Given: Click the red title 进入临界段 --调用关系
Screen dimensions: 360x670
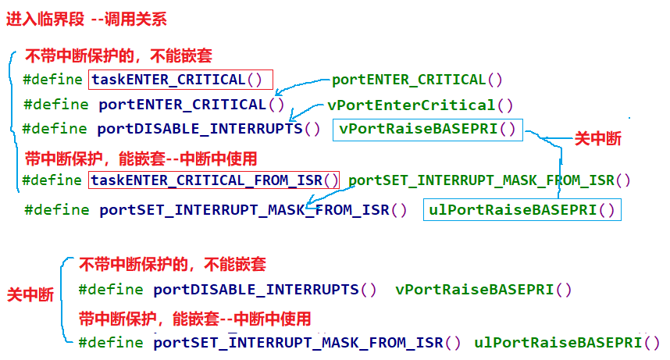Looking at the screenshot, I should coord(87,20).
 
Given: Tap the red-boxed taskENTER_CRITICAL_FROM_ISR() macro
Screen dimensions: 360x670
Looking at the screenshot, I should coord(215,180).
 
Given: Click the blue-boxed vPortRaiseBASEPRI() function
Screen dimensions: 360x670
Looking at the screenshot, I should coord(427,130).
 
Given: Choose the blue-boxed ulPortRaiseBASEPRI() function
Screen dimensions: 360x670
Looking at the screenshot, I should coord(522,209).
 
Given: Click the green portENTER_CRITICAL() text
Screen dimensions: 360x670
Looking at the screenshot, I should coord(417,80).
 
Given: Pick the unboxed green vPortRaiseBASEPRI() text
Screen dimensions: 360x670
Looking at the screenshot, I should coord(483,290).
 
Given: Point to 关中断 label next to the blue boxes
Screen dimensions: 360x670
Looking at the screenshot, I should coord(598,139).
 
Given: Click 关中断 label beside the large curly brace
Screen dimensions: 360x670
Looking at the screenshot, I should coord(30,295).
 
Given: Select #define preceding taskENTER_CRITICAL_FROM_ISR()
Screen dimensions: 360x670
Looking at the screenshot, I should coord(52,180).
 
